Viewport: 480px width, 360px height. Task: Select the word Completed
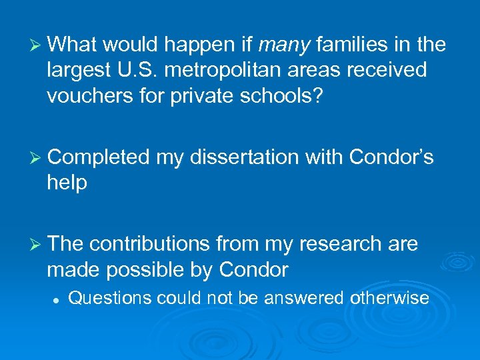[99, 157]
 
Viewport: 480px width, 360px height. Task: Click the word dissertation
[246, 157]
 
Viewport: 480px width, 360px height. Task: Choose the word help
[67, 183]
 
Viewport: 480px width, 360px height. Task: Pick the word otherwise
[390, 298]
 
